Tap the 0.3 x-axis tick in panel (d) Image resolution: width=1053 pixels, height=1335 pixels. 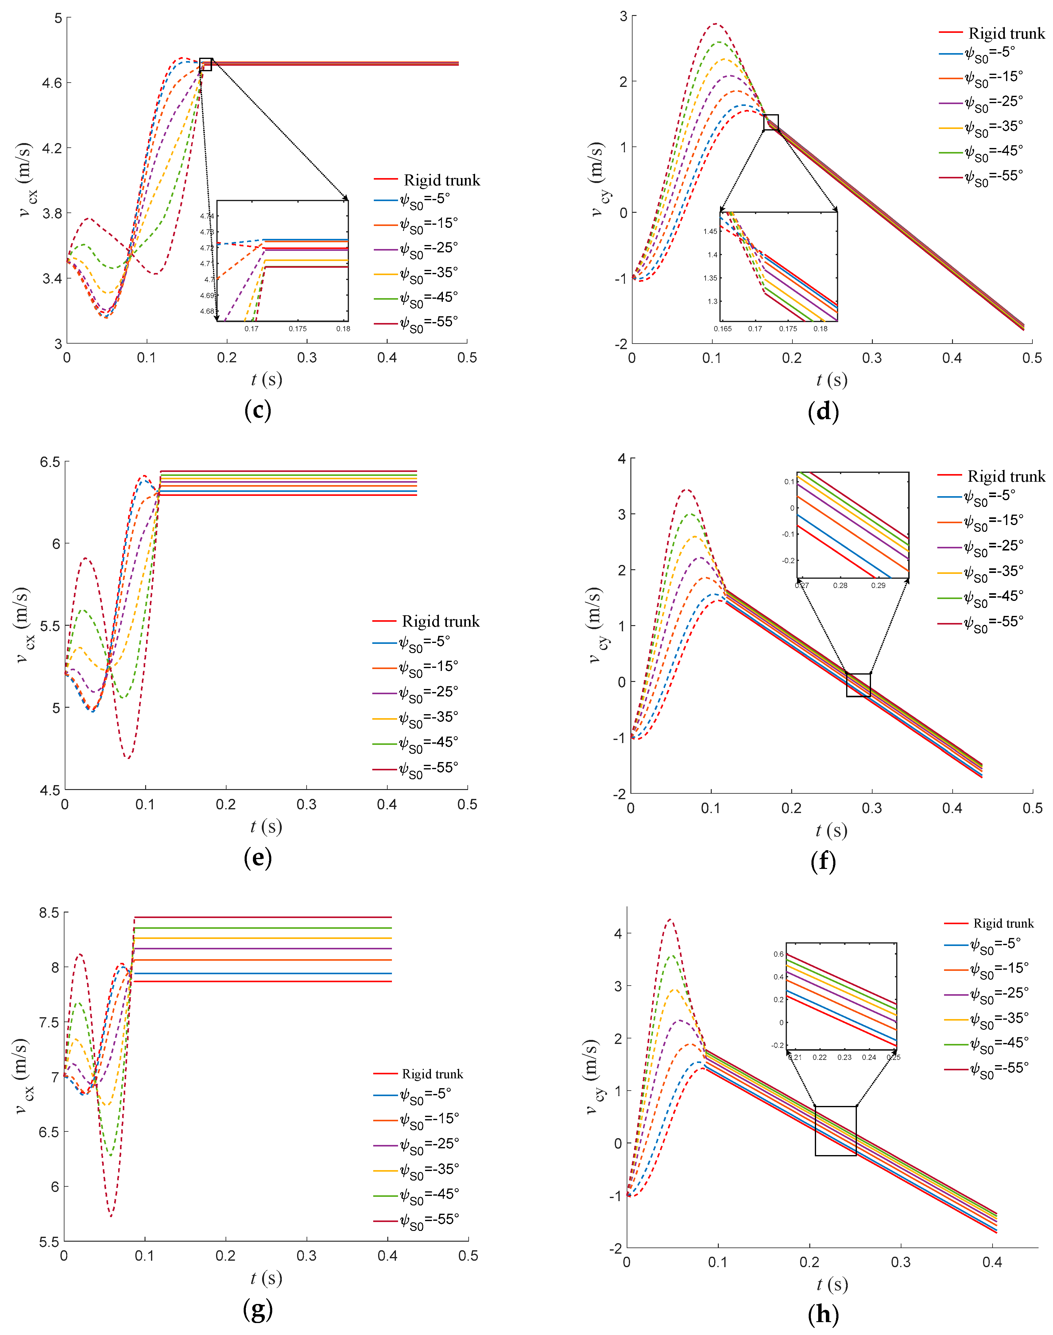pyautogui.click(x=872, y=358)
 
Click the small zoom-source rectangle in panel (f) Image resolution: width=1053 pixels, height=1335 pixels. pyautogui.click(x=858, y=685)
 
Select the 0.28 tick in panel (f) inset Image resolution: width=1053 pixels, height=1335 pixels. pyautogui.click(x=840, y=585)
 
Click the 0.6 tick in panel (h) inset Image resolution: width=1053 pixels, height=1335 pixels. pyautogui.click(x=779, y=954)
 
